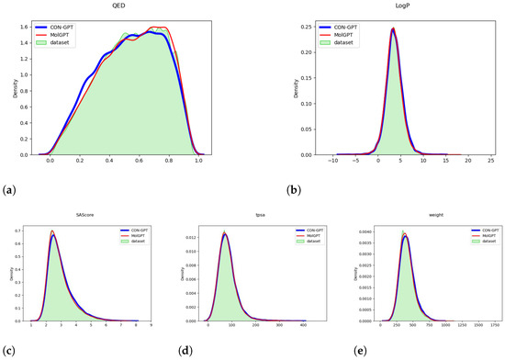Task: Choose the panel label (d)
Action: click(174, 350)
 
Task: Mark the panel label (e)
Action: click(342, 350)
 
